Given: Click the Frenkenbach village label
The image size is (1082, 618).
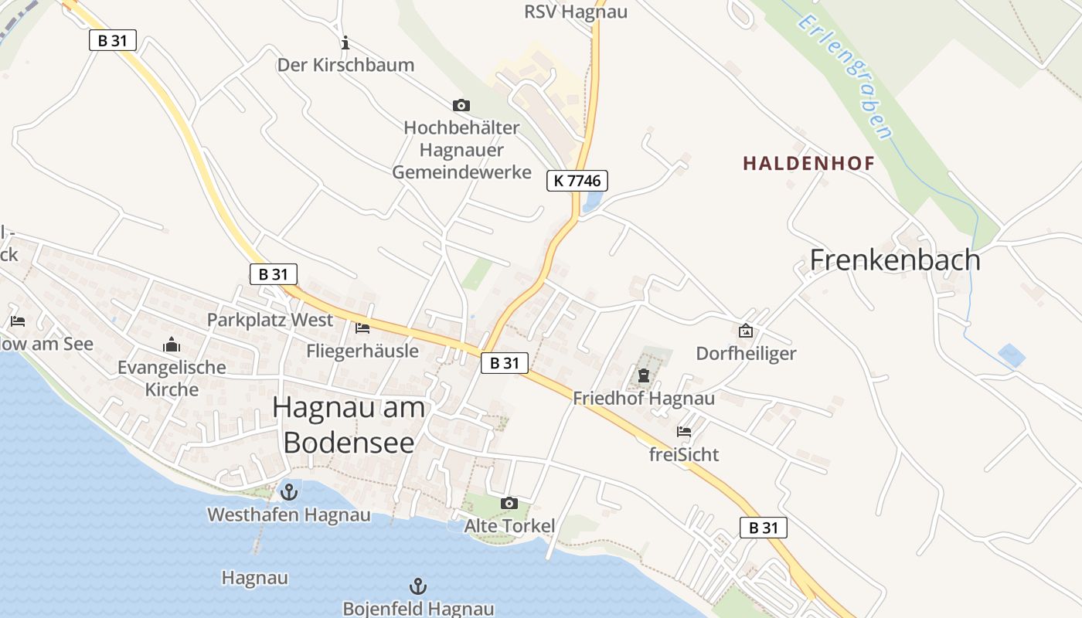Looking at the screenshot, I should tap(895, 260).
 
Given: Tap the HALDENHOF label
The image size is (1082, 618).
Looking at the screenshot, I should tap(808, 163).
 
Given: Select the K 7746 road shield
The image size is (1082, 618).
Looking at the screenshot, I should tap(577, 181).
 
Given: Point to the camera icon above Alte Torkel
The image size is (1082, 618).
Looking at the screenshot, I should tap(509, 504).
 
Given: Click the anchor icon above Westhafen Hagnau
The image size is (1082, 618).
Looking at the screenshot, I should tap(289, 491).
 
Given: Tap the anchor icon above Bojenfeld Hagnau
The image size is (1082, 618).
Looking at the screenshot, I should tap(417, 586).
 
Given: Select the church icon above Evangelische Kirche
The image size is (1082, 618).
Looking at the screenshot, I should tap(172, 345).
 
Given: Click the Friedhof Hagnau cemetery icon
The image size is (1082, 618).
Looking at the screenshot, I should tap(644, 376).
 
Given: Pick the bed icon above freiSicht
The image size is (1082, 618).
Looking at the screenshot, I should tap(684, 432).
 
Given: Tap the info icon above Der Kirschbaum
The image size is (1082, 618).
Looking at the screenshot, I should tap(345, 42).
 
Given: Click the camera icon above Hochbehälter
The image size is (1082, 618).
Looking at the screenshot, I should tap(461, 105).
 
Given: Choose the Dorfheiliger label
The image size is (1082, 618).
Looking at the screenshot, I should tap(746, 354).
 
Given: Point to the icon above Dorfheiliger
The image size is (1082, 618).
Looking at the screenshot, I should tap(746, 331).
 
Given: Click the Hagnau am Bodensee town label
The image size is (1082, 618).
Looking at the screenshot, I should tap(349, 424).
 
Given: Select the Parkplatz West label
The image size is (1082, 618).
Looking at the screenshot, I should tap(270, 320).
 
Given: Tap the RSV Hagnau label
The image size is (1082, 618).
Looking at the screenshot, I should tap(576, 12).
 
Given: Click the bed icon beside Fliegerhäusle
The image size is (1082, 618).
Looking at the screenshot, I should tap(362, 328).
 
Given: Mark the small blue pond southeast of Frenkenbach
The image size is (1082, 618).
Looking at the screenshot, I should tap(1011, 355).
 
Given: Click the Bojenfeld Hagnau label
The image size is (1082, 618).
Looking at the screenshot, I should tap(418, 609).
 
